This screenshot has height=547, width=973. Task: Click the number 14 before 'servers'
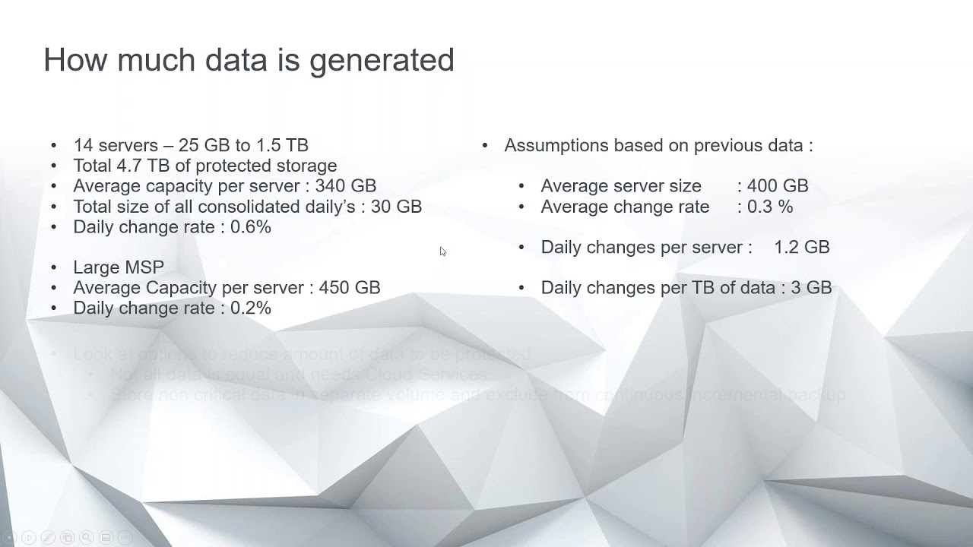click(82, 145)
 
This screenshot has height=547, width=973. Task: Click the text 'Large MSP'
click(119, 267)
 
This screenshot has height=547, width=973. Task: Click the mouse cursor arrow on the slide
click(442, 251)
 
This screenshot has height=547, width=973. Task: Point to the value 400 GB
click(778, 186)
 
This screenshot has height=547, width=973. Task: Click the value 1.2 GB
click(801, 248)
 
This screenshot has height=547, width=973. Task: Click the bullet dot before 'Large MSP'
click(53, 267)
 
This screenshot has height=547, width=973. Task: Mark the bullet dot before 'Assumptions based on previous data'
click(485, 145)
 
